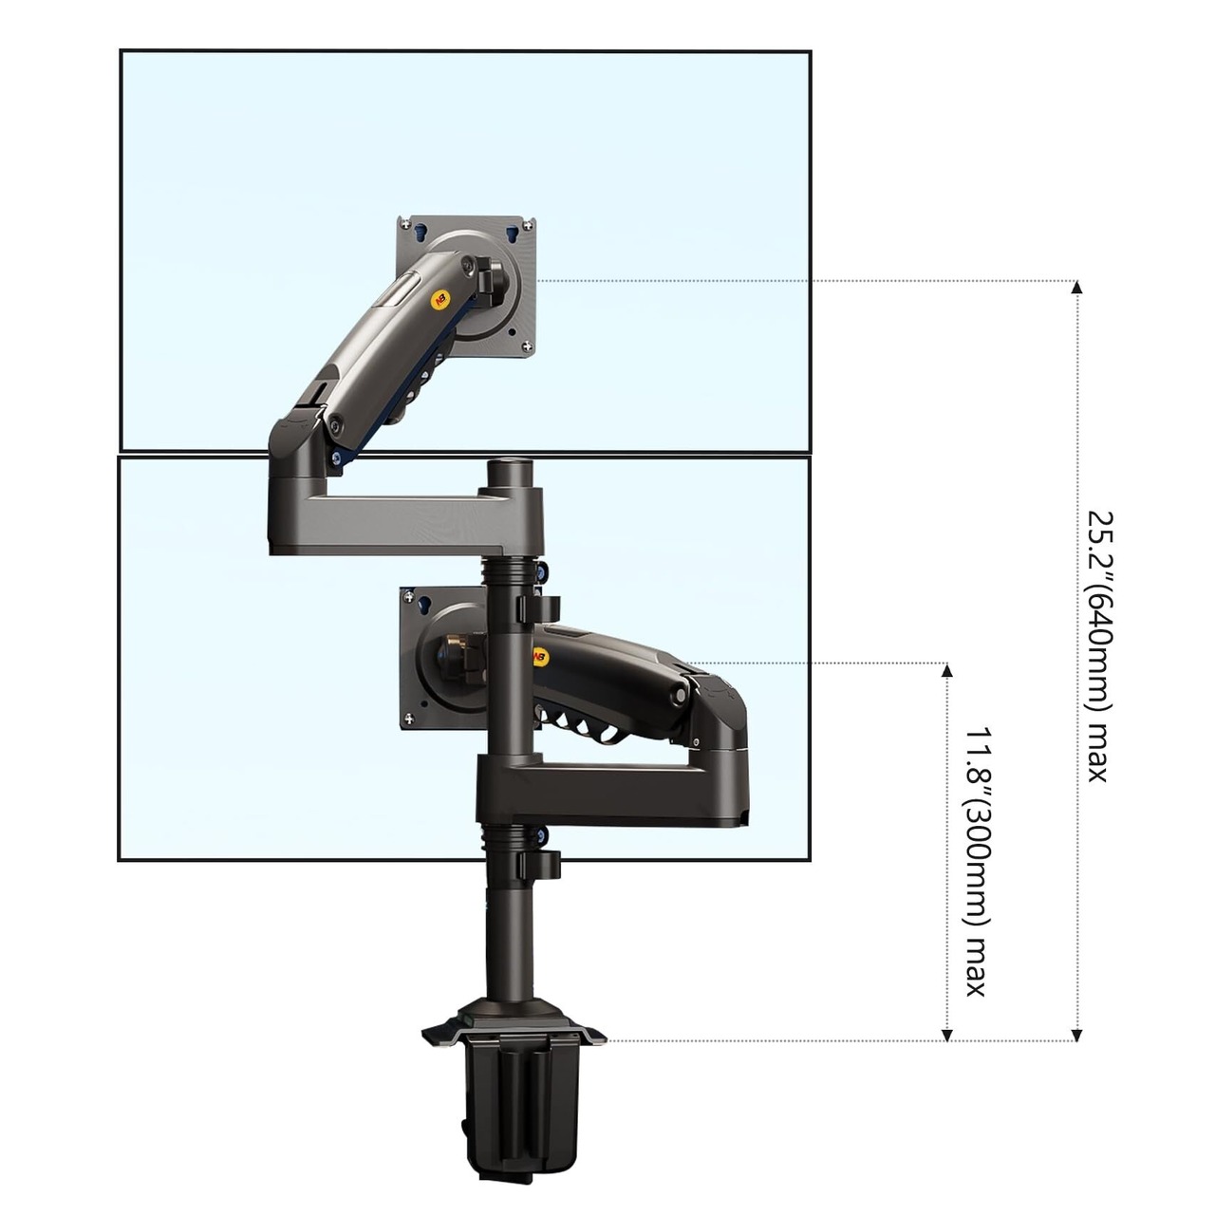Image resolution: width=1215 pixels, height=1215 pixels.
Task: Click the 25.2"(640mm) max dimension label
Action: click(1100, 646)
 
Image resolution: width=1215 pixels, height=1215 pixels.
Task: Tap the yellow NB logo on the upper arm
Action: click(439, 300)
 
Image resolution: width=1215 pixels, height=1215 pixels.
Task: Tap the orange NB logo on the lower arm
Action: click(541, 658)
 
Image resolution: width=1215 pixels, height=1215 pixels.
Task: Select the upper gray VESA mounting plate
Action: click(466, 287)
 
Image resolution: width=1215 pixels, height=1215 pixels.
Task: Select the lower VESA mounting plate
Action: click(442, 658)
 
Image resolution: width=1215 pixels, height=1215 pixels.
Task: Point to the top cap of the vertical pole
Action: click(510, 472)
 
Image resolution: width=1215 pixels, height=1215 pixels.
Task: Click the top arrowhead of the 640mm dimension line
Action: click(1077, 287)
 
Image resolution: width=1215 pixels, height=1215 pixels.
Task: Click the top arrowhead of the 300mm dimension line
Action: click(946, 669)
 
